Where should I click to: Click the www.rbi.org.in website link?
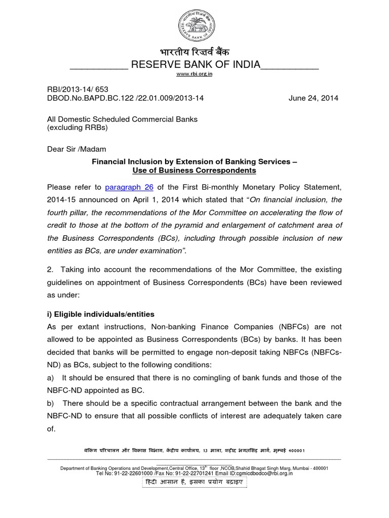tap(194, 74)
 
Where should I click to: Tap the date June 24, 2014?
tap(314, 98)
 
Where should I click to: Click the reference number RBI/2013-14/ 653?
tap(77, 89)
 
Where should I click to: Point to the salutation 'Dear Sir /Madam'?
tap(76, 149)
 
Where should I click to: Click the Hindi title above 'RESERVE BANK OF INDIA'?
tap(194, 53)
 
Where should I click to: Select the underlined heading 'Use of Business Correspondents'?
tap(194, 170)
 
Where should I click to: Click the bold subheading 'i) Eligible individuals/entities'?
tap(101, 314)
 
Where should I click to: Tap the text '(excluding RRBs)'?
tap(77, 127)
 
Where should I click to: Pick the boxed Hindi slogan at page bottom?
tap(194, 482)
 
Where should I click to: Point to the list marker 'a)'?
tap(51, 378)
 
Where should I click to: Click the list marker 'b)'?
tap(51, 403)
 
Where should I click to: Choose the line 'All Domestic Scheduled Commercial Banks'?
tap(122, 119)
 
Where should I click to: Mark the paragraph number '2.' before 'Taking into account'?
tap(51, 270)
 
